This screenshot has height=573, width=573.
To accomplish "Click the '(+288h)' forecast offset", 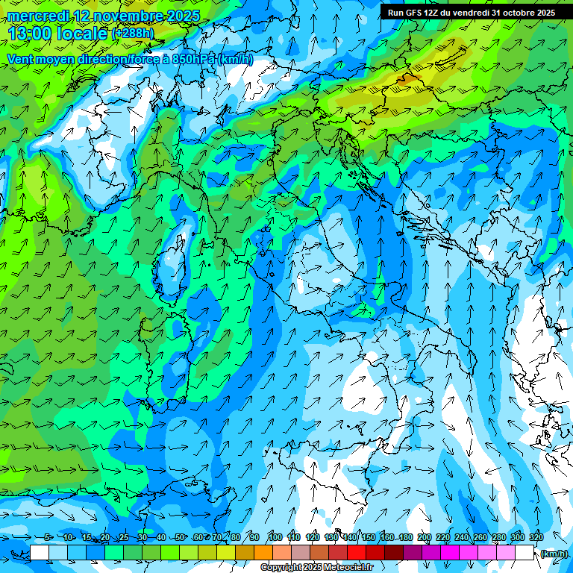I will tap(133, 34).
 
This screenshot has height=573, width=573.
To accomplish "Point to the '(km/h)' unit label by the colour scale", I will tap(553, 553).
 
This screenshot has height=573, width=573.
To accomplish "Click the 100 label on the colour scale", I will tap(275, 537).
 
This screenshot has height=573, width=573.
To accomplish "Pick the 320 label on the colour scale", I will tap(536, 537).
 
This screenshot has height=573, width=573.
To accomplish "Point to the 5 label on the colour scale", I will tap(48, 537).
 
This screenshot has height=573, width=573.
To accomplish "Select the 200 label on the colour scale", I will tap(424, 537).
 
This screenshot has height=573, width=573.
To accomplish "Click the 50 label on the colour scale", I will tap(180, 537).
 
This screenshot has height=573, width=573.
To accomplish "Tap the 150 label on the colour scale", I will tap(368, 537).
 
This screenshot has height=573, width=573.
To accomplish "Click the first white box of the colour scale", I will tap(40, 553).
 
